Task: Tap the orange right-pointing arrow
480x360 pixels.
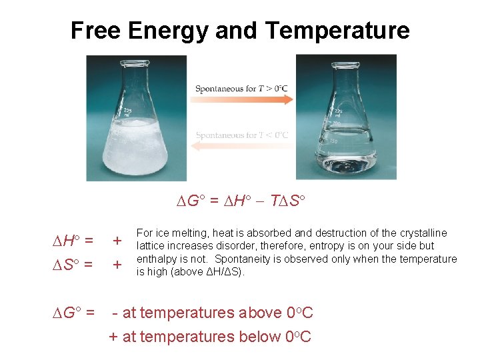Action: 243,101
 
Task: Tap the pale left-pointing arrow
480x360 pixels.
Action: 243,147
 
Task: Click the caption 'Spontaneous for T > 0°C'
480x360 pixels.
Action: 241,89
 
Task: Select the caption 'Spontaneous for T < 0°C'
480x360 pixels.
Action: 241,135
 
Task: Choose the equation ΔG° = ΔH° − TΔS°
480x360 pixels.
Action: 241,201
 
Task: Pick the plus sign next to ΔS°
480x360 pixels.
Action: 117,265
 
